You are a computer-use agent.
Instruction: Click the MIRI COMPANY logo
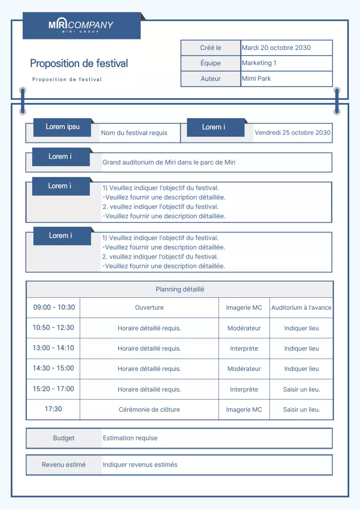81,25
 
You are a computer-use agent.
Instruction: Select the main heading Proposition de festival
79,63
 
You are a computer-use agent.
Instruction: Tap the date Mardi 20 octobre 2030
276,48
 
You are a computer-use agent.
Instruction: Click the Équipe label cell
210,63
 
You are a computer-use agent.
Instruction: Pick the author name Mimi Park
256,78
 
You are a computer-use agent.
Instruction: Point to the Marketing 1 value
259,63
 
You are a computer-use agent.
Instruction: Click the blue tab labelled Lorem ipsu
62,127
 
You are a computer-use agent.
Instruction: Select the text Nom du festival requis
134,133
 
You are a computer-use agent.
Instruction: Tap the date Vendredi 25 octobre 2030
292,132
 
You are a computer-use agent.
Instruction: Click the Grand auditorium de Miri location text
169,162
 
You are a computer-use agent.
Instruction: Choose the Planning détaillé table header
180,289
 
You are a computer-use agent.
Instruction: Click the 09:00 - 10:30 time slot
54,307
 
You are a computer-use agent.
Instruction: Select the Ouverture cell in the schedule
149,308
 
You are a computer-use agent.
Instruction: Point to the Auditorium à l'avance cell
301,308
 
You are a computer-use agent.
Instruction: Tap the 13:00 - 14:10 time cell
53,348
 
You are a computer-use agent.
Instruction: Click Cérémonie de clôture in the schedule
149,410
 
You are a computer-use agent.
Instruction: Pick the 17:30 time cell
53,409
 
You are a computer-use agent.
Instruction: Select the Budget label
64,438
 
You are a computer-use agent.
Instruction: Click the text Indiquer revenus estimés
140,464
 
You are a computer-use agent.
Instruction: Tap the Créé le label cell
210,48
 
